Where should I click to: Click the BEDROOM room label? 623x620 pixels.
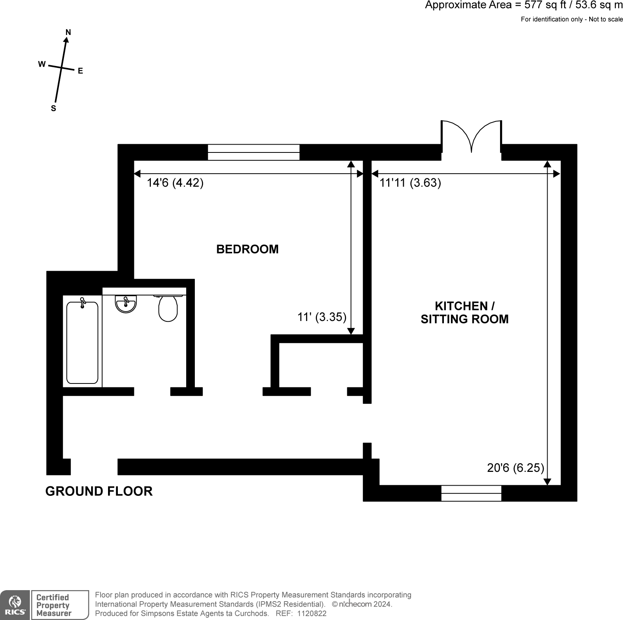point(247,249)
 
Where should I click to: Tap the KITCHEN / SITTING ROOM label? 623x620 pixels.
point(464,312)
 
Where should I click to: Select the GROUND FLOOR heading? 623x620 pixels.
point(99,491)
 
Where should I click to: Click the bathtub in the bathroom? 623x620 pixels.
point(82,342)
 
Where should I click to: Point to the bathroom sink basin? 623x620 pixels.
point(126,304)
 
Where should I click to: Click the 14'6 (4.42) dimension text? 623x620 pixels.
point(175,183)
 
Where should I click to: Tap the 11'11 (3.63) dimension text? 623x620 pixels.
point(410,183)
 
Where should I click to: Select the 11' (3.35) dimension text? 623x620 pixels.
point(322,317)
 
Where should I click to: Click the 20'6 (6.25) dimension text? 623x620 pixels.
point(515,468)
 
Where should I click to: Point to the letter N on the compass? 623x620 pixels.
point(68,32)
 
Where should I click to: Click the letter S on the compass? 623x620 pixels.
point(53,109)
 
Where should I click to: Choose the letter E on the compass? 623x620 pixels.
point(80,71)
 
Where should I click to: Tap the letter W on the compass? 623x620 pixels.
point(42,64)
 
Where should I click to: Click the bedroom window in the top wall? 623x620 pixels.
point(253,152)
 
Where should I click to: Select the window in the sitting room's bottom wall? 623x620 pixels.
point(471,493)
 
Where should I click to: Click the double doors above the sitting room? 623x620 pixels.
point(471,138)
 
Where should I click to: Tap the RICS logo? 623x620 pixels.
point(15,605)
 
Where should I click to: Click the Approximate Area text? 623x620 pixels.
point(524,6)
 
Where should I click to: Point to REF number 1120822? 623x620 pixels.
point(312,613)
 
